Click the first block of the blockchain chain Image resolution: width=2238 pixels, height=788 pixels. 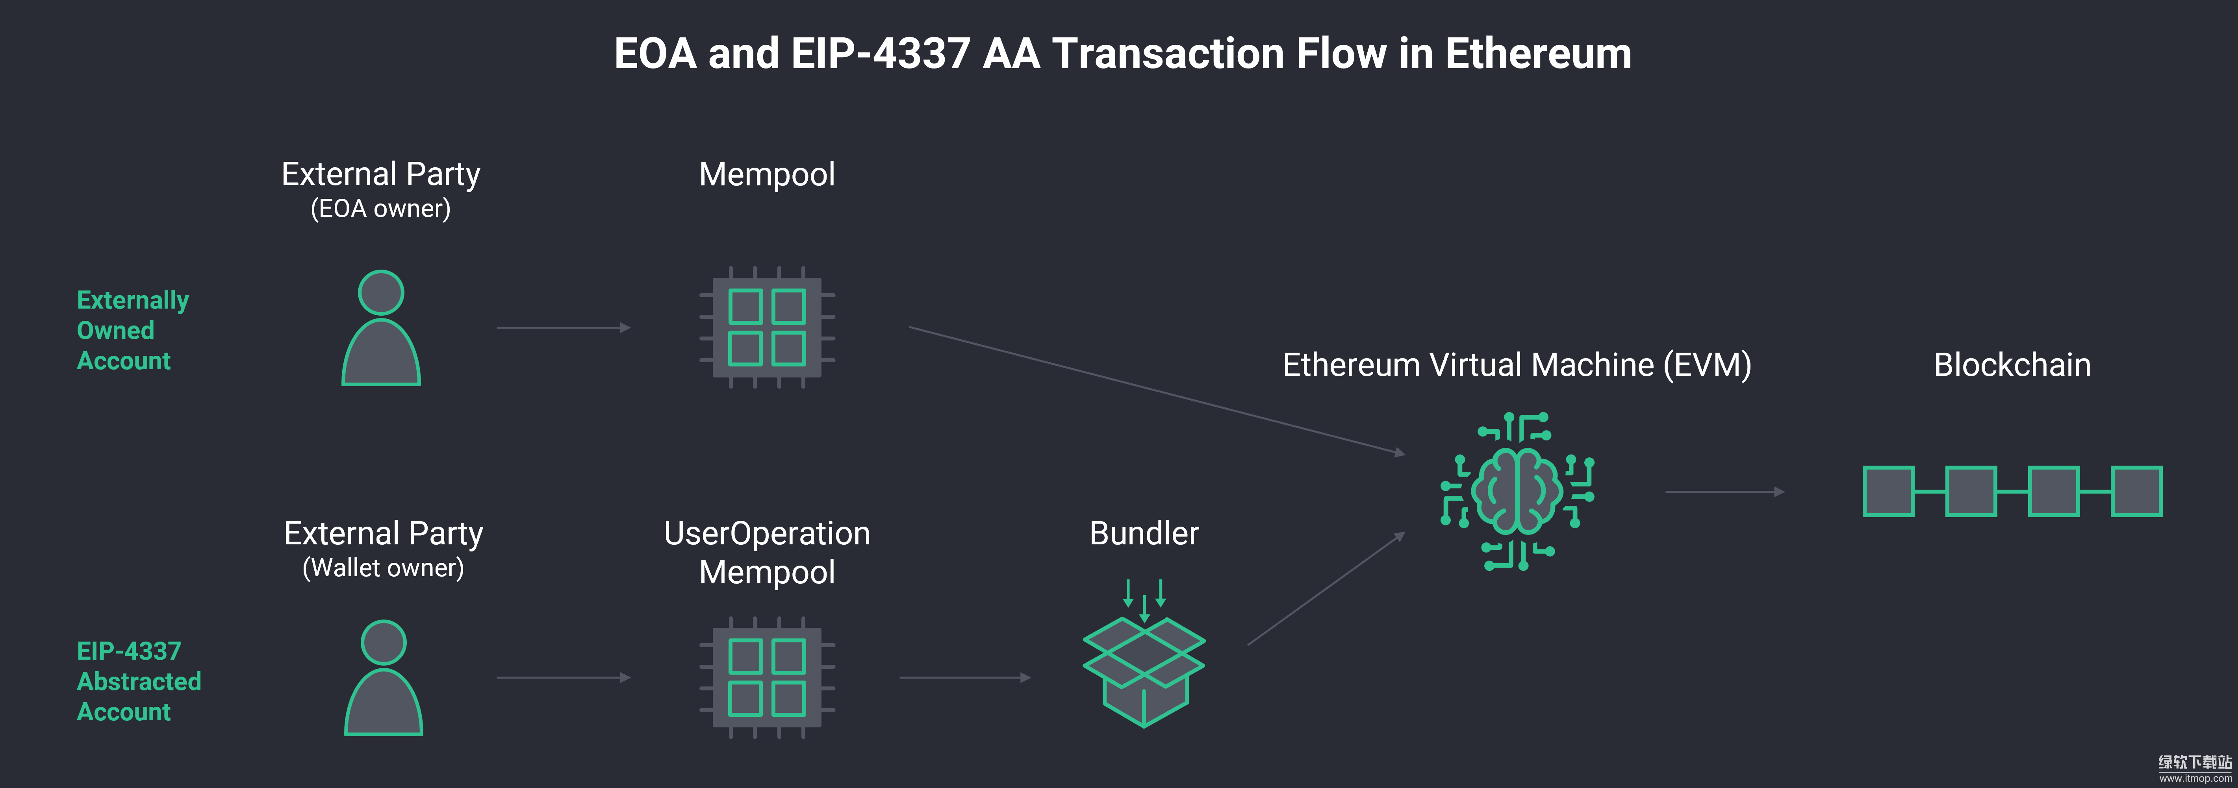point(1888,492)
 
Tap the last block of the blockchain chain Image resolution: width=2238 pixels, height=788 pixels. point(2136,492)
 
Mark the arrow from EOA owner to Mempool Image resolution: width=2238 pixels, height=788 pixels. point(563,327)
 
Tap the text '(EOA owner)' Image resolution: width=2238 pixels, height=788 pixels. point(380,209)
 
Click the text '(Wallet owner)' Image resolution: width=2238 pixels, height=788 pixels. point(383,568)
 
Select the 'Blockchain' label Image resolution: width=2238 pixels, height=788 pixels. point(2012,365)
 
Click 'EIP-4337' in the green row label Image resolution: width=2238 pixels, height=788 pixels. point(129,651)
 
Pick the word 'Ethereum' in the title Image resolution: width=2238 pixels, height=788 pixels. point(1538,54)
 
